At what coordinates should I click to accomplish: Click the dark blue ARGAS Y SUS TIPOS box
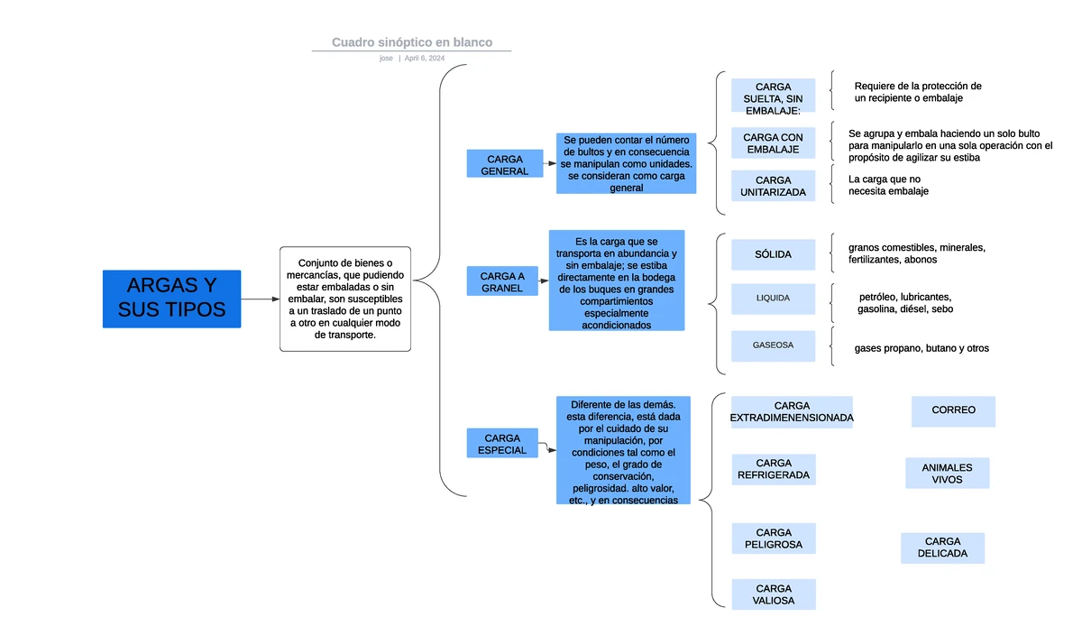[x=171, y=299]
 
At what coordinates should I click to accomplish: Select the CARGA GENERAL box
[x=504, y=164]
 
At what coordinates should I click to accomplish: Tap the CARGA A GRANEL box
[x=501, y=281]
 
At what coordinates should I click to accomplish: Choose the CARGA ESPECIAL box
[x=501, y=444]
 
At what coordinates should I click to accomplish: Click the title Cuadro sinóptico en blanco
[x=411, y=42]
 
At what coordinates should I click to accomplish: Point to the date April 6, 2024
[x=424, y=58]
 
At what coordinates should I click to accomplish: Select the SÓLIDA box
[x=773, y=254]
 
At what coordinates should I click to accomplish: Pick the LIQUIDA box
[x=773, y=298]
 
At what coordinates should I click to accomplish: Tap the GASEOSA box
[x=773, y=345]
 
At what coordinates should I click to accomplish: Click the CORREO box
[x=953, y=410]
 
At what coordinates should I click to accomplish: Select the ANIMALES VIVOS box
[x=947, y=474]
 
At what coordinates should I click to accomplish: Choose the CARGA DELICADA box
[x=942, y=548]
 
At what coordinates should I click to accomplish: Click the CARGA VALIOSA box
[x=773, y=594]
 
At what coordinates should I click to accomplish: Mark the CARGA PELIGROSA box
[x=773, y=538]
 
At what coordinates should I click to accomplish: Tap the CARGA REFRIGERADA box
[x=773, y=469]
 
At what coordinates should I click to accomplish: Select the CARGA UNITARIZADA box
[x=773, y=186]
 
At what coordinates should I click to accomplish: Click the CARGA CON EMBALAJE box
[x=773, y=143]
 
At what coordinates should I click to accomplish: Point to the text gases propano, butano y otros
[x=921, y=348]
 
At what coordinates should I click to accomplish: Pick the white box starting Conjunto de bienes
[x=345, y=299]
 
